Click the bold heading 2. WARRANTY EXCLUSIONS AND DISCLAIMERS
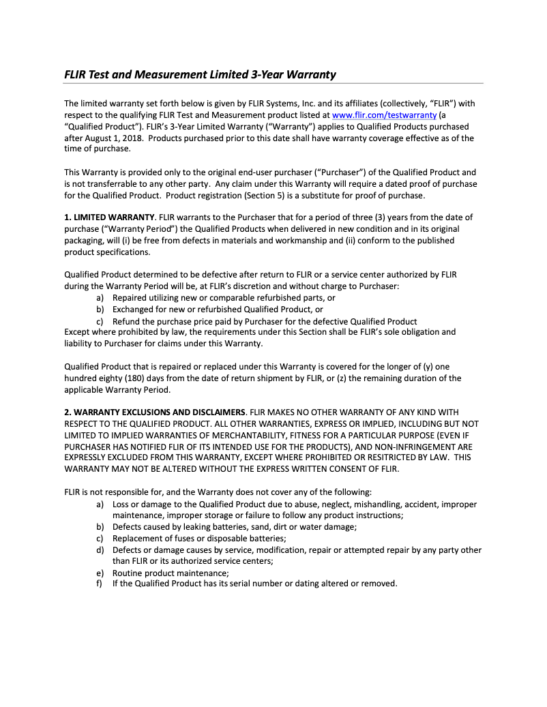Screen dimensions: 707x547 154,412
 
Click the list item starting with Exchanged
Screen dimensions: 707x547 217,309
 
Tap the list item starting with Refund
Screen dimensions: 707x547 264,321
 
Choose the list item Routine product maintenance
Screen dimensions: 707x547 171,573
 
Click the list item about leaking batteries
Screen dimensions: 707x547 235,527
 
